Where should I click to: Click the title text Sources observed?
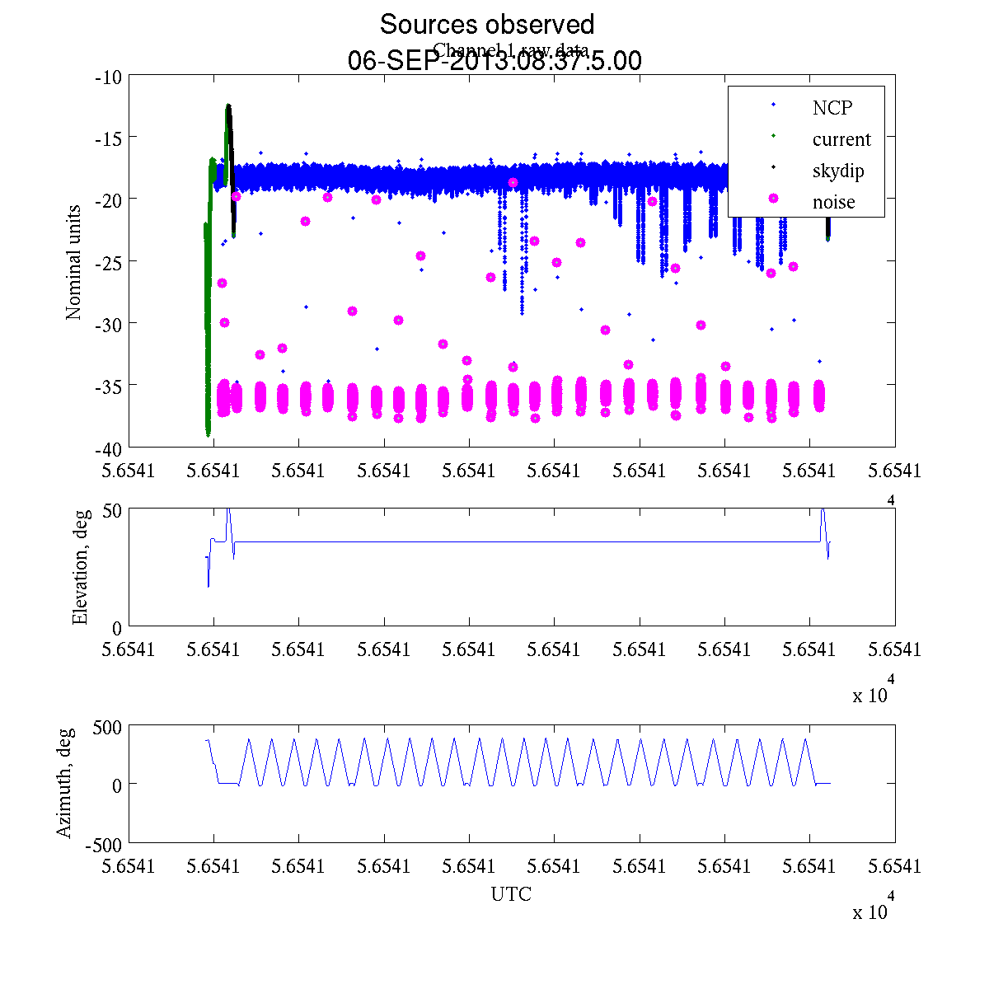[x=486, y=24]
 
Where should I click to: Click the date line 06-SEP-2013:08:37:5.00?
[x=494, y=61]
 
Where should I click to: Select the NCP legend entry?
[x=832, y=107]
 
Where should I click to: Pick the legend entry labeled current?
[x=841, y=139]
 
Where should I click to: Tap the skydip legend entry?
[x=838, y=171]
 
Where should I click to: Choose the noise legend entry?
[x=834, y=202]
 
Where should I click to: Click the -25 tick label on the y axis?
[x=109, y=261]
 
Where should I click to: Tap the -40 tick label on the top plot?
[x=109, y=448]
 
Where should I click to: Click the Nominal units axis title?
[x=73, y=262]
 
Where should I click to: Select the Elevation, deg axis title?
[x=80, y=569]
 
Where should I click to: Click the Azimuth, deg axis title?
[x=65, y=783]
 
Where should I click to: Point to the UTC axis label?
[x=511, y=894]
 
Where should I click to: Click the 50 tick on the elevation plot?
[x=112, y=510]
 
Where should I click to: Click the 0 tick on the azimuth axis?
[x=117, y=785]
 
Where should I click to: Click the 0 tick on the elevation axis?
[x=117, y=628]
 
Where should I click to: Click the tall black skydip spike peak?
[x=228, y=105]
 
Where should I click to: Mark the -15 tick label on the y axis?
[x=109, y=138]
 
